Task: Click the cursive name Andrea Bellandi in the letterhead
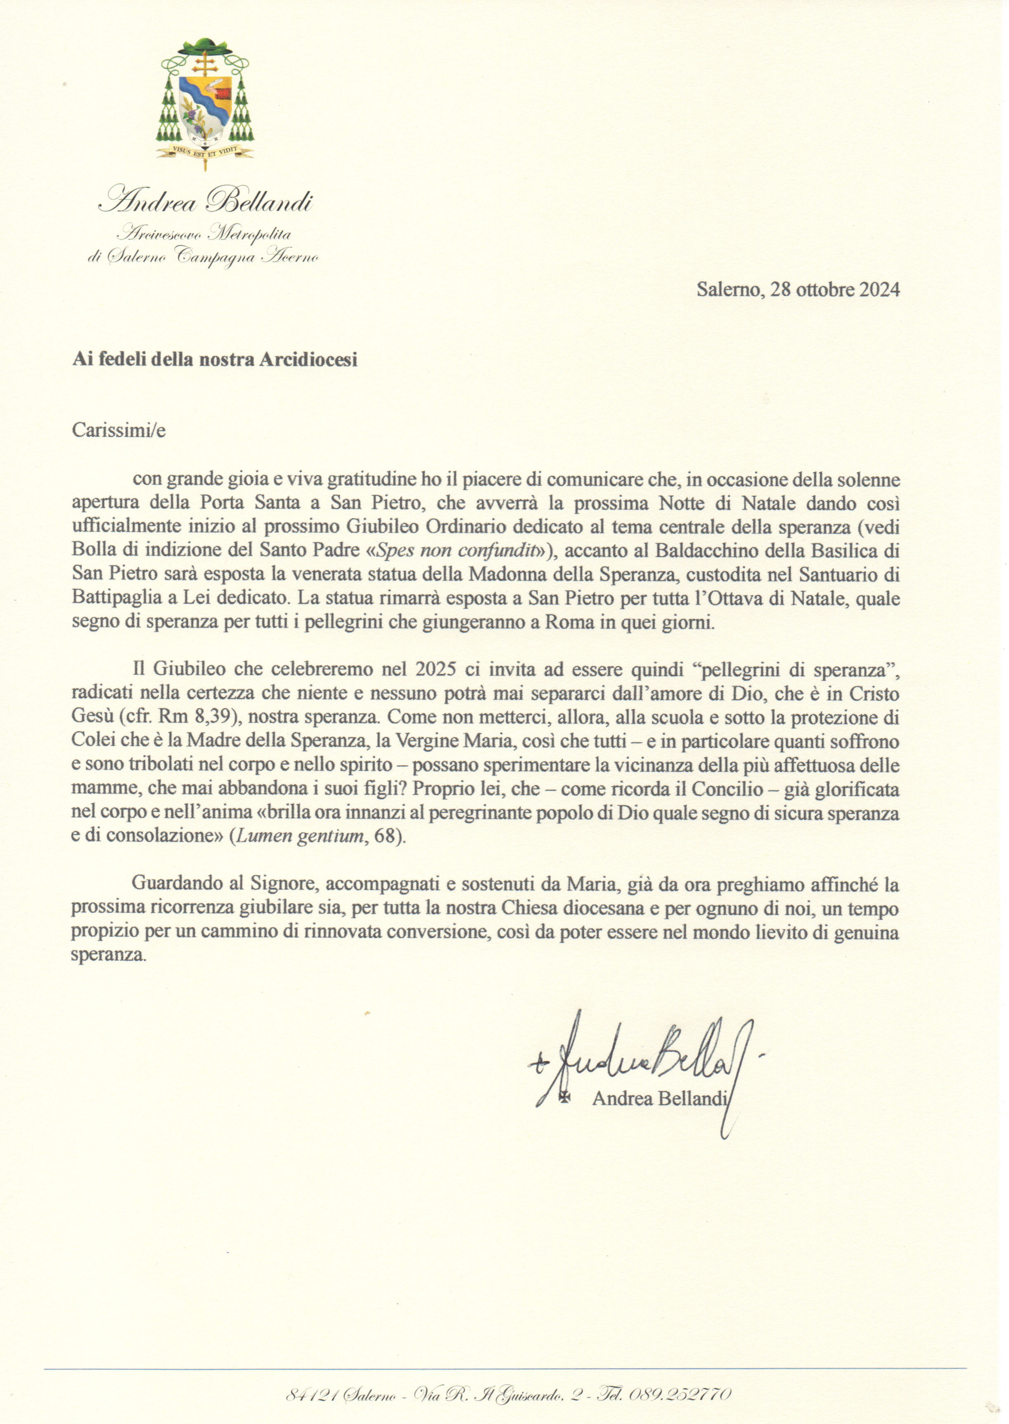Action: (x=206, y=202)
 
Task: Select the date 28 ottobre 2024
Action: (x=834, y=289)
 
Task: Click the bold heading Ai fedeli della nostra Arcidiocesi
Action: (x=214, y=360)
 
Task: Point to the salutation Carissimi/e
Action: (x=118, y=430)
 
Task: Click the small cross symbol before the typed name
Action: (x=565, y=1097)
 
